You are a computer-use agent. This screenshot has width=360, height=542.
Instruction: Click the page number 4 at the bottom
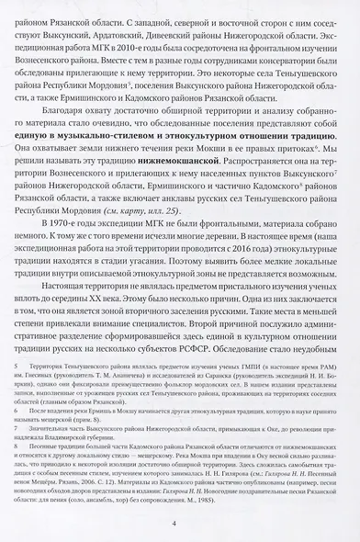(180, 525)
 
